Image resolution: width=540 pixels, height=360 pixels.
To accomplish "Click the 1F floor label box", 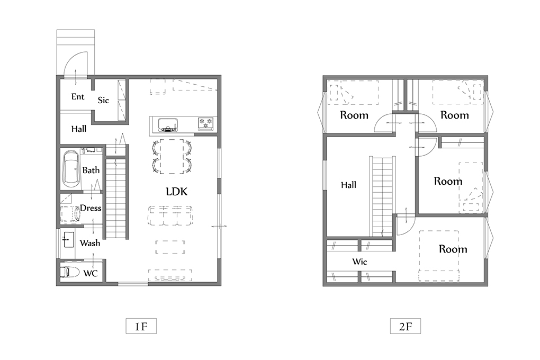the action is coord(141,326).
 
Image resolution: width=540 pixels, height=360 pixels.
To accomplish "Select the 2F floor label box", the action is coord(406,326).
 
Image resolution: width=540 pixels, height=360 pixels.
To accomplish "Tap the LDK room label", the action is coord(177,192).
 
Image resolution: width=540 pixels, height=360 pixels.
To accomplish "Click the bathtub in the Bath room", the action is coord(71,169).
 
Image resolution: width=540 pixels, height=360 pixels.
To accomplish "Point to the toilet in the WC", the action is coord(70,272).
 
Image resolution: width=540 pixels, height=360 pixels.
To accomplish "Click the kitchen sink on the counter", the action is coord(168,124).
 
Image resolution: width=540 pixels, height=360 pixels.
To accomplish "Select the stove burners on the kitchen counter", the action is coord(205,123).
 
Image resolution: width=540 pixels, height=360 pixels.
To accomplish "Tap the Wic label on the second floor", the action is coord(359,262).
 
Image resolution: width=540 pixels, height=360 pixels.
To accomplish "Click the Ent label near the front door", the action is coord(78,97).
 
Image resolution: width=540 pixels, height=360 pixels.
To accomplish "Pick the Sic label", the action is coord(103,100).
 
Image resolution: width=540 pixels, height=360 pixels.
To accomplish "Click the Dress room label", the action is coord(91,208).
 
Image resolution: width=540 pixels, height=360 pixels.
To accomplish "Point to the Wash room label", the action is coord(90,243).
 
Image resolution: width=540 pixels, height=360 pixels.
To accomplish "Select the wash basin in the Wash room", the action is coord(68,239).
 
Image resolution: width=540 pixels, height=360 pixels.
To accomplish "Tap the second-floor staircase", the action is coord(382,196).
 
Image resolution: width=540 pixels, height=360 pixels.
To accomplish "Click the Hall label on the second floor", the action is coord(348,185).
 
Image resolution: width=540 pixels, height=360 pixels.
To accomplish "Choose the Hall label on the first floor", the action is coord(79,129).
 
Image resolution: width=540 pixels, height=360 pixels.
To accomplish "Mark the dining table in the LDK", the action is coord(172,156).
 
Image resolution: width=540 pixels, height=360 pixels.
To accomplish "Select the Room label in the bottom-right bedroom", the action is coord(453,249).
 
